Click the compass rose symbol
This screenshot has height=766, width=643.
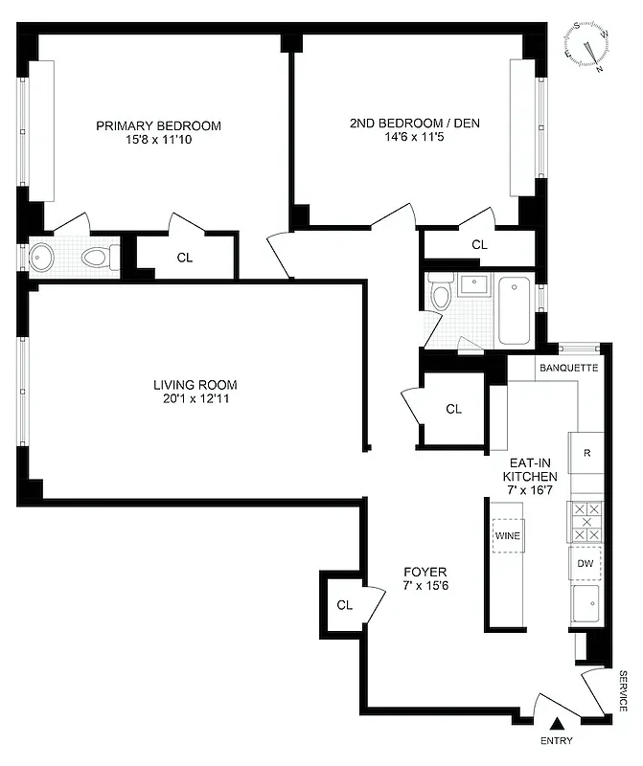[x=588, y=46]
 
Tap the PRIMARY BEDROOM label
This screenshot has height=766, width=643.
[x=158, y=125]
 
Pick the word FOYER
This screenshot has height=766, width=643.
[x=424, y=572]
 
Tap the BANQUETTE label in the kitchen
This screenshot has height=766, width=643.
[x=568, y=368]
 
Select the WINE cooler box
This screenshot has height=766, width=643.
[x=507, y=536]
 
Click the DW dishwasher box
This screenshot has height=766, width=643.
[x=585, y=563]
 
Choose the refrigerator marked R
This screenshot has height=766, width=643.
[x=586, y=453]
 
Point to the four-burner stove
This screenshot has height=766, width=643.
[x=585, y=523]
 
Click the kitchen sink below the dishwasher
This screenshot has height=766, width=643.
[x=586, y=602]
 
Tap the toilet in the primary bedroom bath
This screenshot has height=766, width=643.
[x=98, y=257]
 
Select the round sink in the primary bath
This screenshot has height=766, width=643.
[x=43, y=256]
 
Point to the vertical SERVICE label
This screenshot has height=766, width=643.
[x=623, y=690]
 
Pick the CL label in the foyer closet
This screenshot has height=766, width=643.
[x=345, y=605]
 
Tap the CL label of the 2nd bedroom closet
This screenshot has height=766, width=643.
[x=479, y=245]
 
